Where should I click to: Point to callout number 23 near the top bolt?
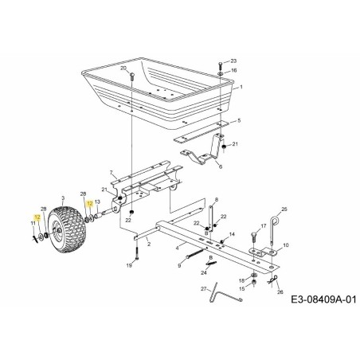[x=234, y=61]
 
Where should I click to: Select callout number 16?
[x=234, y=71]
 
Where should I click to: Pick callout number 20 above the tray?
[x=123, y=68]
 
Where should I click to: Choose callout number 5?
[x=238, y=120]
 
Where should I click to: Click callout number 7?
[x=113, y=172]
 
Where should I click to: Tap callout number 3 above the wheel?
[x=62, y=195]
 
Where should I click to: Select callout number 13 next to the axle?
[x=98, y=225]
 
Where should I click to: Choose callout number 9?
[x=178, y=266]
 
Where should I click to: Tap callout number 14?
[x=233, y=233]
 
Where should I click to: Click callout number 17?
[x=263, y=227]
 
